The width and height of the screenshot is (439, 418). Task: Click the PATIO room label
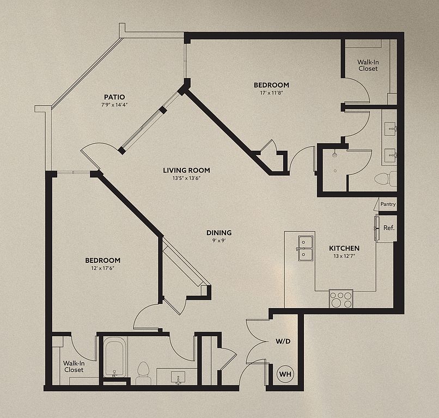[114, 97]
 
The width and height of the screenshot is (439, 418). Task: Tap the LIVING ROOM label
[186, 170]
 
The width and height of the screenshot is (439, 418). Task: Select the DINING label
[219, 232]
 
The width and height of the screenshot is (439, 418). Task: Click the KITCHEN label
[344, 248]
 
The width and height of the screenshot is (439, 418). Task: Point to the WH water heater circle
[285, 374]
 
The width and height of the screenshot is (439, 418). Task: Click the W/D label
[283, 341]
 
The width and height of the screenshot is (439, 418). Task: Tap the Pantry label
[388, 204]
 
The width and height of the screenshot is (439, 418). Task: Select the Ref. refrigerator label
[389, 228]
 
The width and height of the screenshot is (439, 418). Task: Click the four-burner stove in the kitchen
[341, 299]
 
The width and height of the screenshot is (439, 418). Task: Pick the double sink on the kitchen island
[306, 248]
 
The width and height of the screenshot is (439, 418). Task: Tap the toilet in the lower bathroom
[143, 373]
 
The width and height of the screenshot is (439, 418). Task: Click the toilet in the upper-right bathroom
[386, 179]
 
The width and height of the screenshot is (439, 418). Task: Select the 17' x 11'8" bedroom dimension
[272, 93]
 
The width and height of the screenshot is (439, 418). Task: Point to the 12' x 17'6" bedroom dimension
[102, 268]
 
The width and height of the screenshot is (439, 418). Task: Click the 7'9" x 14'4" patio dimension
[114, 105]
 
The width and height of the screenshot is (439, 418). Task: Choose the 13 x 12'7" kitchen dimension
[344, 256]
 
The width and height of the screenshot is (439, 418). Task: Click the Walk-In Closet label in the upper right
[368, 65]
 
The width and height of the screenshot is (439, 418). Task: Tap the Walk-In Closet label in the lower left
[74, 366]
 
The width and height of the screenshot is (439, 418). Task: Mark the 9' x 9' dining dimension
[219, 241]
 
